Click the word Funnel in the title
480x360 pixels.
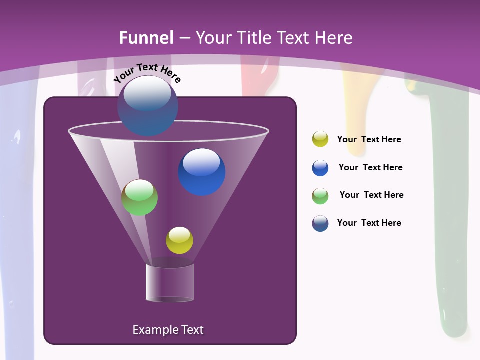[146, 38]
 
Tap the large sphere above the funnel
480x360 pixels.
[148, 106]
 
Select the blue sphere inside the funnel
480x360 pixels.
[202, 172]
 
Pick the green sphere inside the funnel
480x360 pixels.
[140, 197]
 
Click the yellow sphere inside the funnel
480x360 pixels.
[179, 240]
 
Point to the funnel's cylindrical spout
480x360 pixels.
[170, 283]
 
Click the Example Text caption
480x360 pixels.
[168, 330]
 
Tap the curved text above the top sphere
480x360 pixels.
[147, 73]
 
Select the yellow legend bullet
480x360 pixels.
[320, 139]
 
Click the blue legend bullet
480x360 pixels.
[320, 168]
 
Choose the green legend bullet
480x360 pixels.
[320, 196]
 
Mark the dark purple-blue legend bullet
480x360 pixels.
[320, 223]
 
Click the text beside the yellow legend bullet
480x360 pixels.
[369, 140]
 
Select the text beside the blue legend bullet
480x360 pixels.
[370, 168]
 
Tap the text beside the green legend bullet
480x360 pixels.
[371, 195]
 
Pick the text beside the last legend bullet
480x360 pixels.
[369, 223]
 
